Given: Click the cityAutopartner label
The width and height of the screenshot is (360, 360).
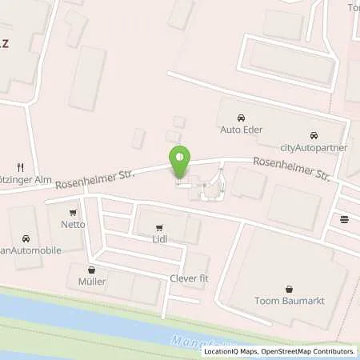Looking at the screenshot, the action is point(311,146).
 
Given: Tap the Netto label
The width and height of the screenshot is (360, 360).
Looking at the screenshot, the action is point(74,225).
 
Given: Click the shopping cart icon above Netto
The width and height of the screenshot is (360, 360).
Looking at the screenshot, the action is point(74,213).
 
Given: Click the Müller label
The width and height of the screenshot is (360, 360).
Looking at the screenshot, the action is point(91,282).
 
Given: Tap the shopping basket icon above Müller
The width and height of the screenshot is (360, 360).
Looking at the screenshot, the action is point(91,270).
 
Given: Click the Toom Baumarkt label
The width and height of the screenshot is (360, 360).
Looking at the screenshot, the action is point(289,300).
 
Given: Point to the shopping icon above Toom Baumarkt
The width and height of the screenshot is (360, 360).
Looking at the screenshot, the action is point(289,288).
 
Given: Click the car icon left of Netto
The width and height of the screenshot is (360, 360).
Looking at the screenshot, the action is point(26,238).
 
